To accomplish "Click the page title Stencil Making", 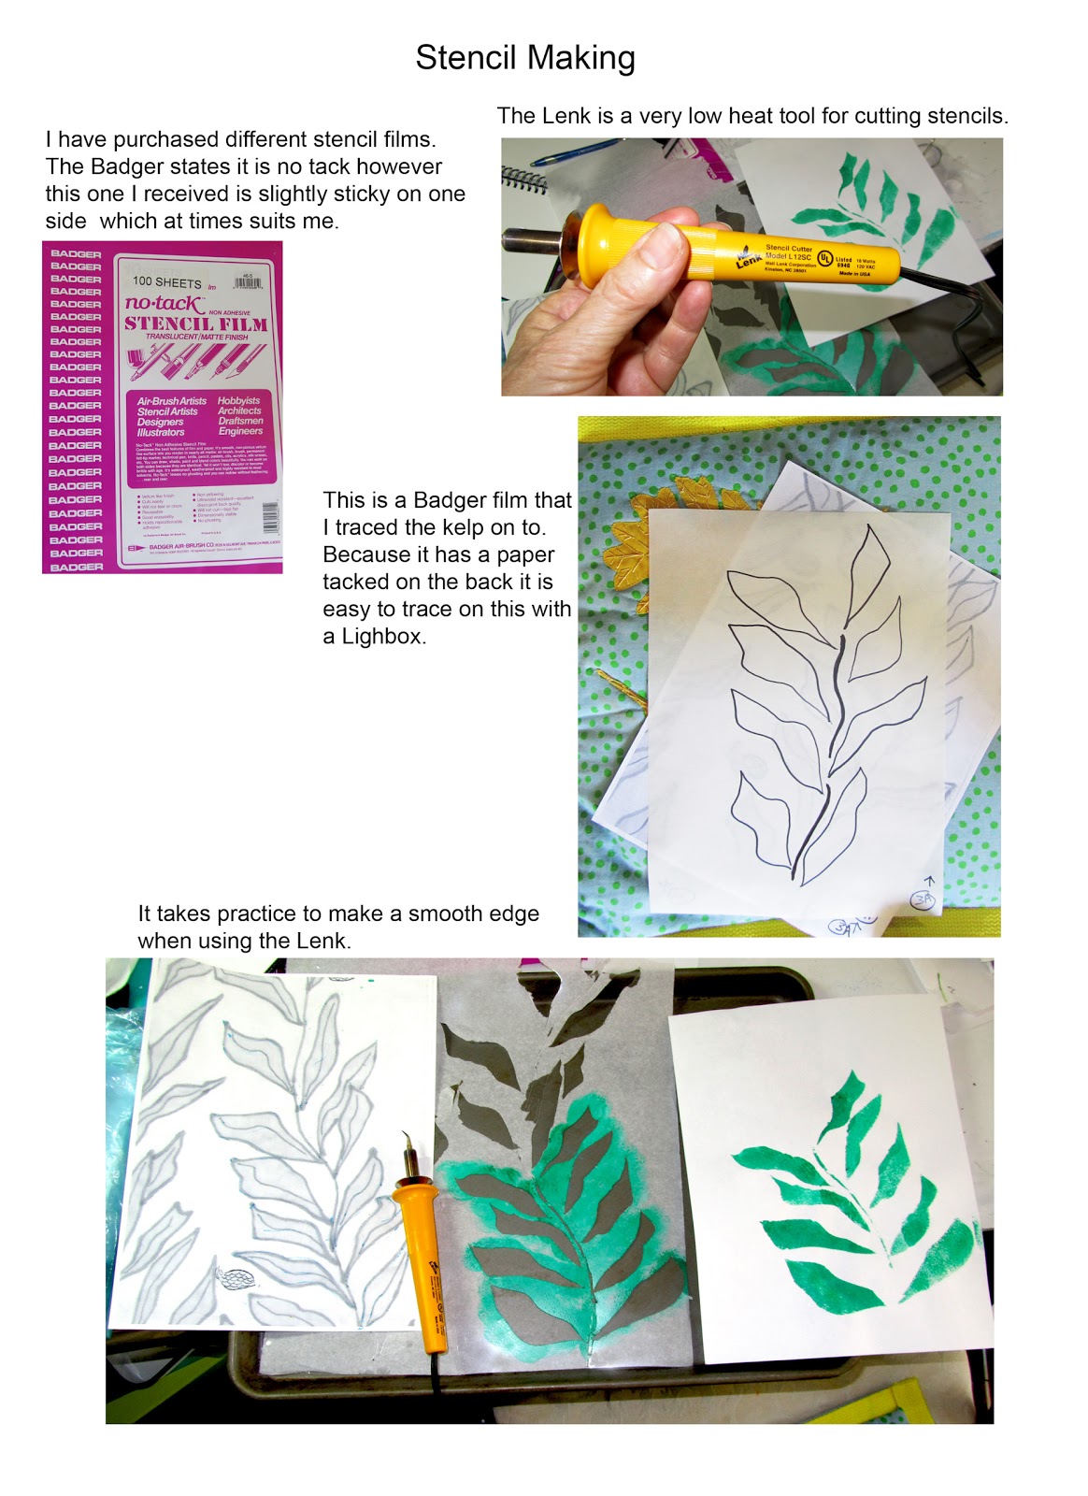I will pos(525,58).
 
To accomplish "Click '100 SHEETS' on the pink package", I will pos(166,281).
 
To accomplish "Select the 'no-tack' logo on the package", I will pos(164,303).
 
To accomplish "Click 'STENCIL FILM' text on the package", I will pos(195,324).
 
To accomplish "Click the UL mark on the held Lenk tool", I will pos(825,257).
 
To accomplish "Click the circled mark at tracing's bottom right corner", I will pos(923,899).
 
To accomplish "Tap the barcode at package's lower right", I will pos(269,516).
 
